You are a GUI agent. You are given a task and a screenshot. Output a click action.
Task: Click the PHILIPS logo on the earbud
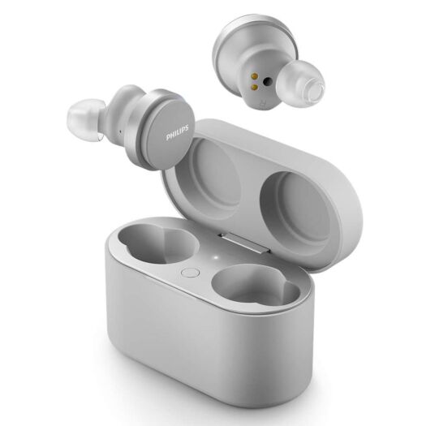point(178,133)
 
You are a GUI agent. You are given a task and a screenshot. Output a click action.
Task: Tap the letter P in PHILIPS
point(168,138)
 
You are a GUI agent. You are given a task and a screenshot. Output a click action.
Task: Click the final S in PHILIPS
point(187,128)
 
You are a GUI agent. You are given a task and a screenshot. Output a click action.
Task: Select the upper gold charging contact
point(255,75)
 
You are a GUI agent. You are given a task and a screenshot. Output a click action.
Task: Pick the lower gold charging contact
point(255,87)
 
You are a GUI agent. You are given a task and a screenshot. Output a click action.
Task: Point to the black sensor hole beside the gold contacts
point(269,80)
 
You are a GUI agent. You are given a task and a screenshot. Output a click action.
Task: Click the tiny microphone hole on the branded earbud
point(120,132)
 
